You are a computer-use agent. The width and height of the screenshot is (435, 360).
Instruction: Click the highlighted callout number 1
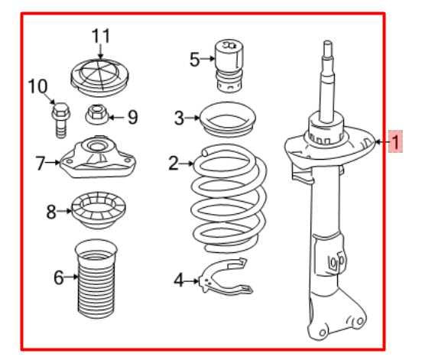coord(395,141)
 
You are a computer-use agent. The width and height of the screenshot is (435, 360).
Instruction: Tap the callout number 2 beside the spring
coord(174,163)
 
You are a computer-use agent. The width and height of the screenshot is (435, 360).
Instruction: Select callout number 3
coord(179,118)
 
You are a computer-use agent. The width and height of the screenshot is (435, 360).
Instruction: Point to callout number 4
coord(179,281)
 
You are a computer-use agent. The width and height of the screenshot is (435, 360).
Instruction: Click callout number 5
coord(194,58)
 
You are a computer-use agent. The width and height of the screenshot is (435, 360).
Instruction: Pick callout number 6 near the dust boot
coord(59,277)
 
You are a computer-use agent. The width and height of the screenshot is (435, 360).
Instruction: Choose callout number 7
coord(41,162)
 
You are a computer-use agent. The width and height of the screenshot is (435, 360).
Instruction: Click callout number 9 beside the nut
coord(132,117)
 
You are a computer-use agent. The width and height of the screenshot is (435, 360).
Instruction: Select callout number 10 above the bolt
coord(37,86)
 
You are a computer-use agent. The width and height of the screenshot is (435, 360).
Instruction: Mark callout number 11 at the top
coord(101,35)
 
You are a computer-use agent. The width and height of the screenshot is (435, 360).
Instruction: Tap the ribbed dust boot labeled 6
coord(97,281)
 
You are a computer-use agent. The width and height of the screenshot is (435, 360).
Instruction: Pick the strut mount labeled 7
coord(98,159)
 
